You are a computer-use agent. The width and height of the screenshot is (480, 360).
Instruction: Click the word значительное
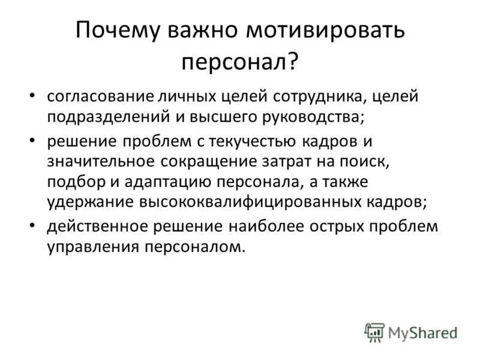click(100, 161)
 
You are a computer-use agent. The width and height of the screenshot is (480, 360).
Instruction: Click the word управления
click(91, 247)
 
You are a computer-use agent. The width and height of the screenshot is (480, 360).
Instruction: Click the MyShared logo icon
click(374, 332)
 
